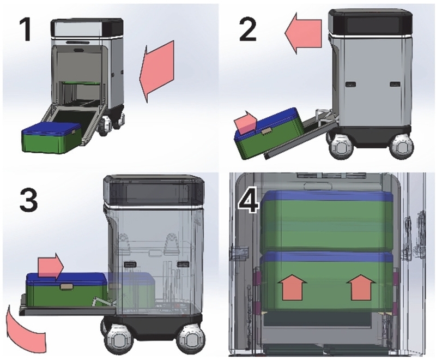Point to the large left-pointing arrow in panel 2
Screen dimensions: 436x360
[x=303, y=33]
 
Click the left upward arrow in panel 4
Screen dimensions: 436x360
[x=292, y=287]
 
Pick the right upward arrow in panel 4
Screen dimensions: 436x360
[x=361, y=287]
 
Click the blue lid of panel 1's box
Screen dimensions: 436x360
[x=51, y=128]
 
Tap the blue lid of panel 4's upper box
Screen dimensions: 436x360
[x=328, y=197]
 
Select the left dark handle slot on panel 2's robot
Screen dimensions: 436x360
[x=350, y=84]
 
